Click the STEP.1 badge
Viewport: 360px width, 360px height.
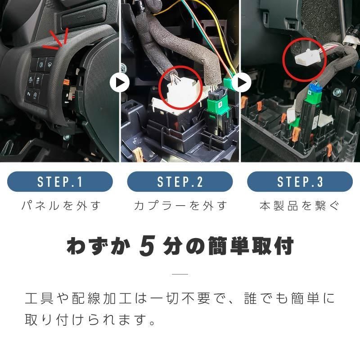coord(60,182)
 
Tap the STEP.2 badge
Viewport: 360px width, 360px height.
coord(180,182)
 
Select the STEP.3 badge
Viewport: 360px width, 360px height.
coord(300,182)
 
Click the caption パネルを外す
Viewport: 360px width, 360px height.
coord(61,206)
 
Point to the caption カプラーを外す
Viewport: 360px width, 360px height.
coord(180,206)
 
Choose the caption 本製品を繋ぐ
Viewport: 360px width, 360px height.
coord(299,206)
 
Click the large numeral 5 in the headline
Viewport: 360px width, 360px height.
coord(147,246)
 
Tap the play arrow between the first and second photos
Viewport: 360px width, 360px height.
coord(120,82)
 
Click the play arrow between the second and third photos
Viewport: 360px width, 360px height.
coord(241,82)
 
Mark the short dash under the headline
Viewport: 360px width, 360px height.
coord(180,274)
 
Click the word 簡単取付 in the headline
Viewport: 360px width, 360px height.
coord(251,246)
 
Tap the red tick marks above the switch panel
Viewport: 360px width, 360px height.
coord(58,40)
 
